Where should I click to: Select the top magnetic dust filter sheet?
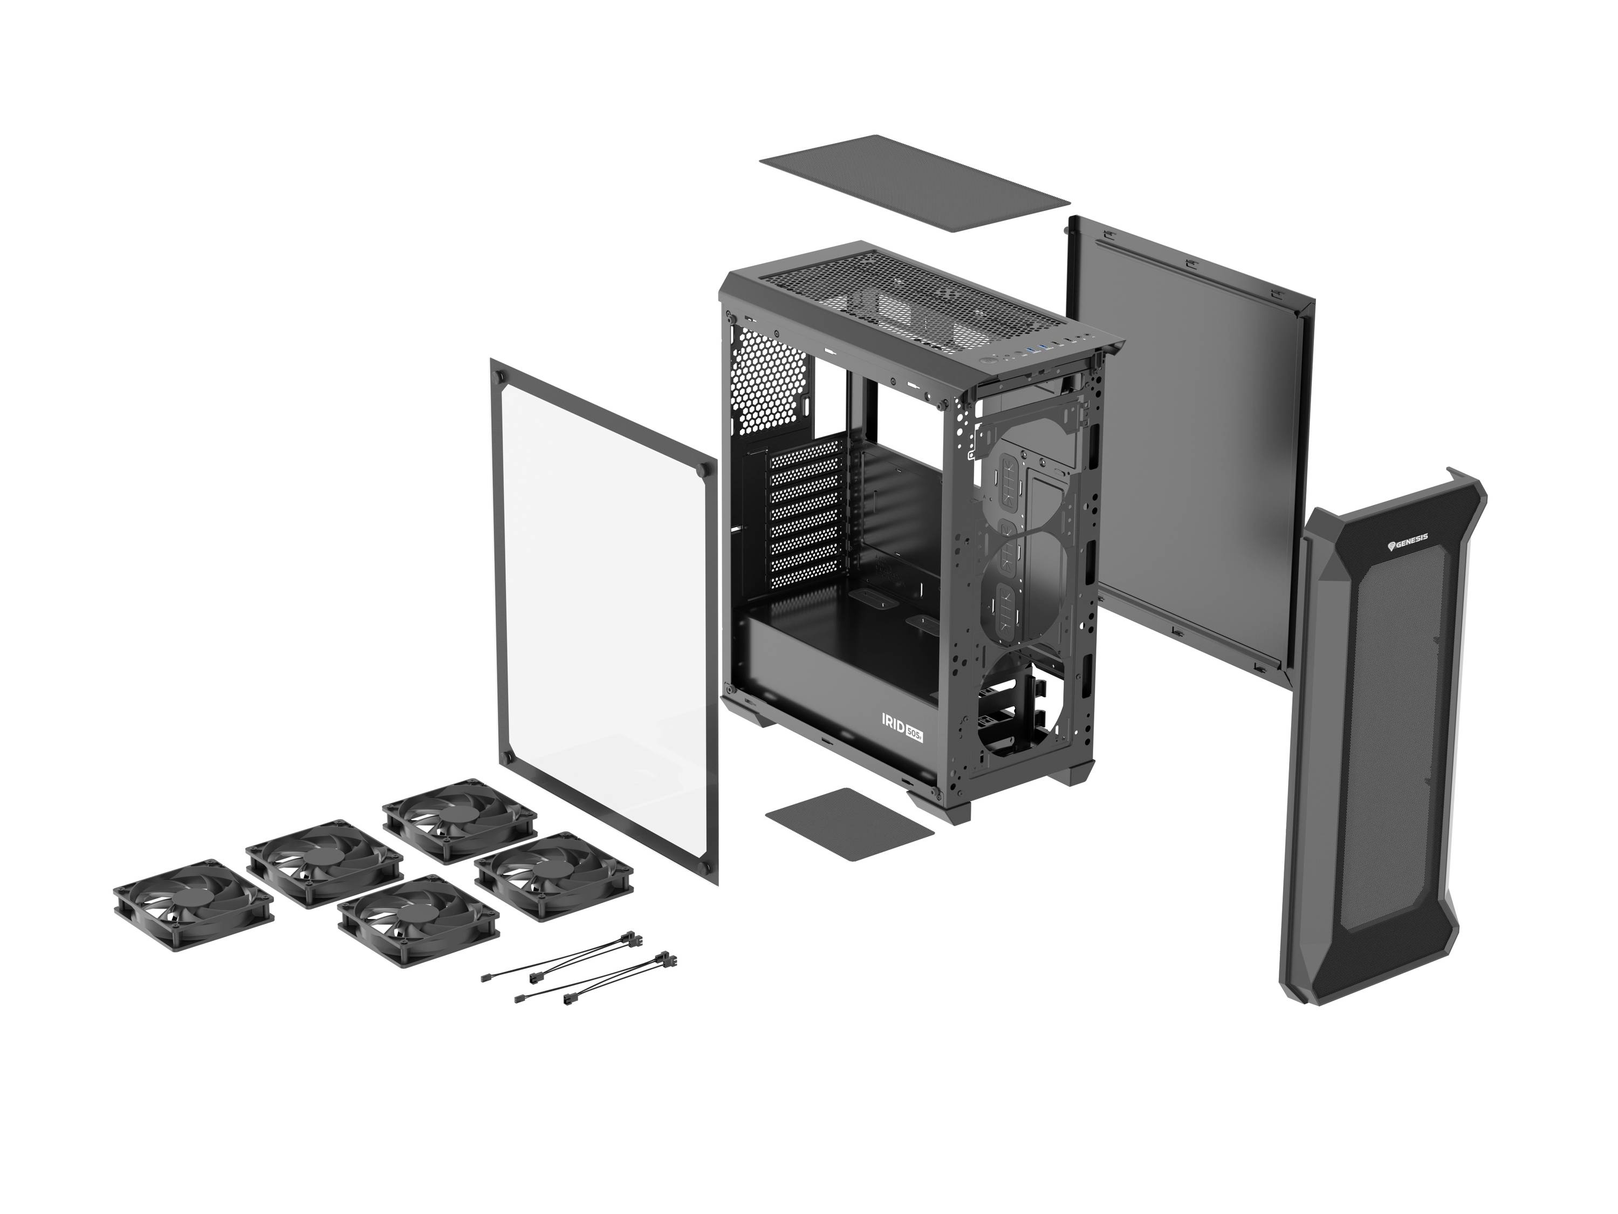914,183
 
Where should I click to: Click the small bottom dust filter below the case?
848,823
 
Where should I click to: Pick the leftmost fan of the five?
193,904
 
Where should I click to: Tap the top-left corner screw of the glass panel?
501,377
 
